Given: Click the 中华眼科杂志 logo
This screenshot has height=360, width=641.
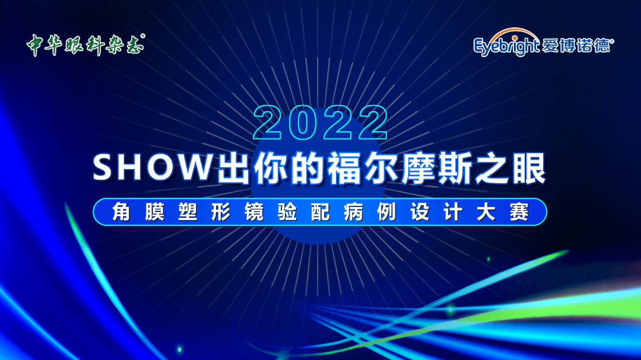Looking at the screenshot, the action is pos(85,44).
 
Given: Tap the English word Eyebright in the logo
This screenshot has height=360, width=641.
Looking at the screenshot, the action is pos(506,46).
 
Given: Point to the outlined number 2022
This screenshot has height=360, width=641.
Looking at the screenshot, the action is pos(320,122).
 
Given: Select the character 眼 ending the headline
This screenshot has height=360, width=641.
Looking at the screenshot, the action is pos(529,168).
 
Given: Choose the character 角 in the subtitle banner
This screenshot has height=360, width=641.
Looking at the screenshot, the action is pos(121,212).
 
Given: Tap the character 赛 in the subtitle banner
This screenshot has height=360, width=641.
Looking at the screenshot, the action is pos(519,212).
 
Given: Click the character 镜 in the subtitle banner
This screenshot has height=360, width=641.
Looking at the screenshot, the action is pos(254,212).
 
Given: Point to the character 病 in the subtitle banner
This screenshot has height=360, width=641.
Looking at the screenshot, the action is pos(354,212).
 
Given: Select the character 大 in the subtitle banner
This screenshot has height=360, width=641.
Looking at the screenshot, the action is pos(486,212).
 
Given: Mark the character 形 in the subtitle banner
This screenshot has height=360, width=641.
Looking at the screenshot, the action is pos(221,212).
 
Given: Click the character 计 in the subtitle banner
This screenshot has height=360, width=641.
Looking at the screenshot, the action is pos(453,212).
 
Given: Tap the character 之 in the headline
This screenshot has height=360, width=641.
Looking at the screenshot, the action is pos(492,168).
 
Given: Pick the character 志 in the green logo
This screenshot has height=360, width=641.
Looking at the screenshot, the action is pos(135,45).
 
